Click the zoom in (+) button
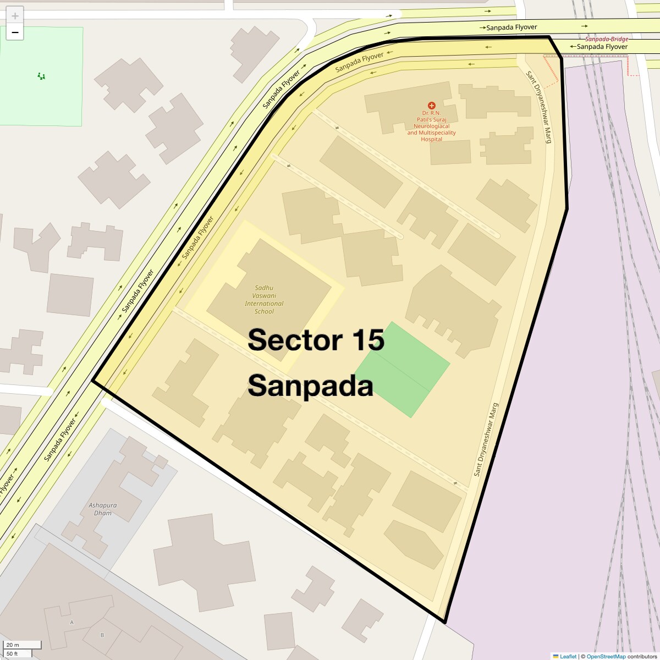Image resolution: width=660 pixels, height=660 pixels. pos(15,16)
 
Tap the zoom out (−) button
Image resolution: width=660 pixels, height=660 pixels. pos(15,32)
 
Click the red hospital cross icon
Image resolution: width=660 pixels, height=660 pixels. pos(432,105)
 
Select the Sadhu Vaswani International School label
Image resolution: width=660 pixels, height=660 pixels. pos(264,300)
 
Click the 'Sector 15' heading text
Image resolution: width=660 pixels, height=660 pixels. pos(316,340)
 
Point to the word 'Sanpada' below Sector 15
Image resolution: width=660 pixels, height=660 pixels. pos(310,386)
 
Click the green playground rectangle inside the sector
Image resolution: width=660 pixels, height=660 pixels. pos(403,370)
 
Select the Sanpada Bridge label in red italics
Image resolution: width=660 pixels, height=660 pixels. pos(606,39)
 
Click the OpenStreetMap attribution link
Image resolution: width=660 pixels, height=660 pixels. pos(606,656)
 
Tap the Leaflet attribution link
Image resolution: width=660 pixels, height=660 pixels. pos(568,656)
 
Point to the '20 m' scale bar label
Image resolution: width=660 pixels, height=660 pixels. pos(13,645)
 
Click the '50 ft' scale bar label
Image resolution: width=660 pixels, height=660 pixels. pos(13,653)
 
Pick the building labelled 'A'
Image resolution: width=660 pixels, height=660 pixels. pos(72,622)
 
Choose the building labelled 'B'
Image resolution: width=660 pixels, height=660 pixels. pos(102,635)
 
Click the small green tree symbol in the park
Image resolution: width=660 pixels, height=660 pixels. pos(41,76)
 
